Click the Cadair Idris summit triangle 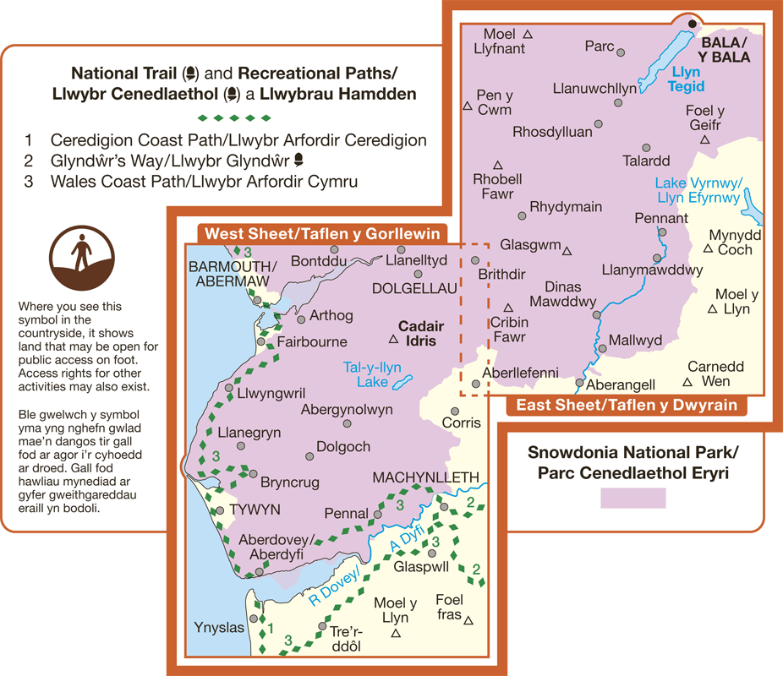393,340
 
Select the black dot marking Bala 693,24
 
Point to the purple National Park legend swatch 632,498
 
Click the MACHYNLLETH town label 425,478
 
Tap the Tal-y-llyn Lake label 372,374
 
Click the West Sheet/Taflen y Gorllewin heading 320,232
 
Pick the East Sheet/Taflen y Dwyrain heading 627,406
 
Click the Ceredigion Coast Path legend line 238,140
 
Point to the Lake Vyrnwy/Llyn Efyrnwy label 698,191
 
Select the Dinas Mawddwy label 563,294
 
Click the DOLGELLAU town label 414,289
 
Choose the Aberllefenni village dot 476,384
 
